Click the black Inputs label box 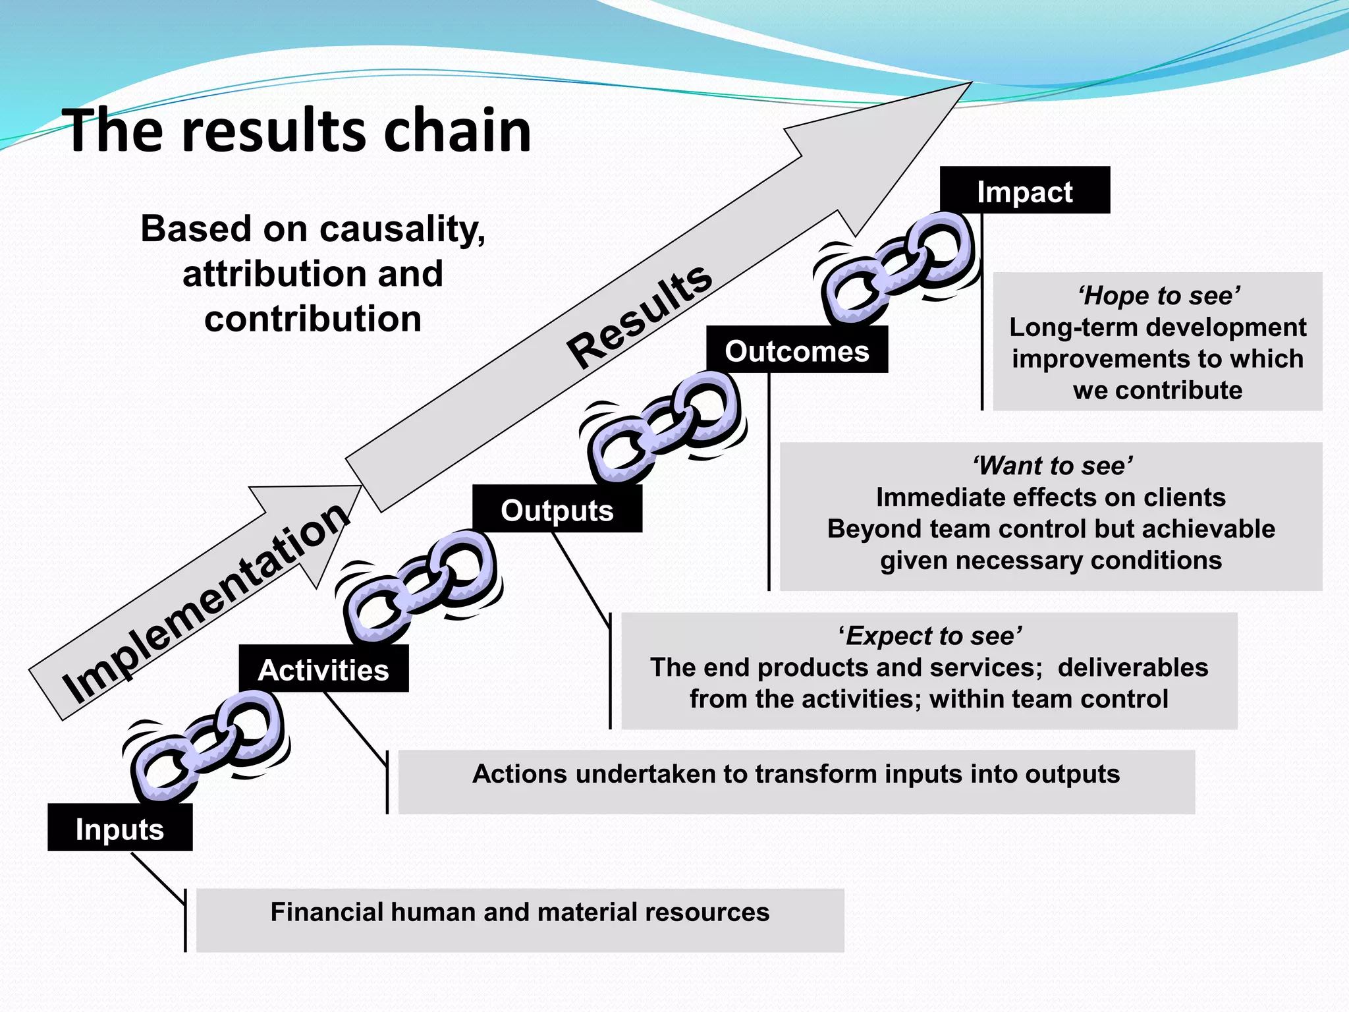pos(120,828)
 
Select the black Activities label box pos(323,669)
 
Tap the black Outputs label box pos(557,509)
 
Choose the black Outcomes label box pos(796,350)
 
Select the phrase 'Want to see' pos(1051,466)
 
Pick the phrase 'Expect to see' pos(929,636)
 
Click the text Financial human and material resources pos(520,912)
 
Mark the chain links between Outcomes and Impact pos(896,267)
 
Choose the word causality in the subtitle pos(402,230)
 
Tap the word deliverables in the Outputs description pos(1132,667)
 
